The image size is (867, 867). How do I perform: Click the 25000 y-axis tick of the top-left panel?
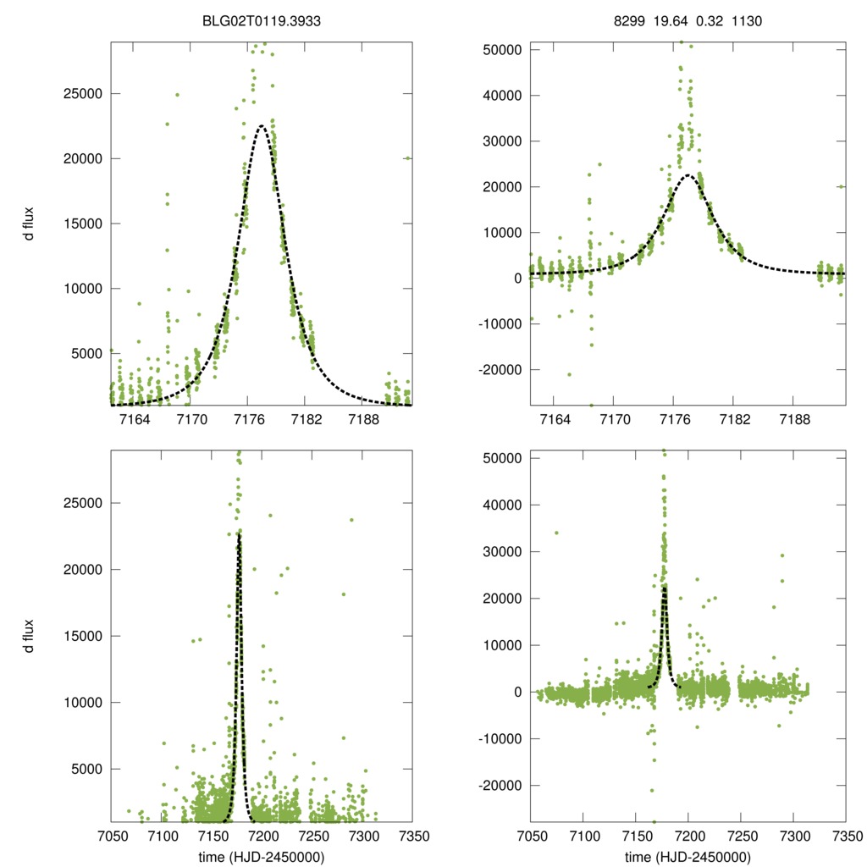pos(83,93)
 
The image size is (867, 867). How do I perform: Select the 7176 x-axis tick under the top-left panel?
pos(247,420)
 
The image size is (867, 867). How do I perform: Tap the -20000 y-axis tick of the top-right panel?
pos(499,370)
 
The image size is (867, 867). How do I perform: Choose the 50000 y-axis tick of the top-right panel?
pos(501,49)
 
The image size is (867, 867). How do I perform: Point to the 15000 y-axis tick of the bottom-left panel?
pos(83,636)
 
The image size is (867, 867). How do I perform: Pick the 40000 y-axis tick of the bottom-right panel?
pos(501,505)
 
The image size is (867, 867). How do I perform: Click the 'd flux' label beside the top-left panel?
pos(30,223)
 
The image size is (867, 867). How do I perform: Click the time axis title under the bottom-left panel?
pos(262,856)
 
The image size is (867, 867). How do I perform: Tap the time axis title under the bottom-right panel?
pos(688,856)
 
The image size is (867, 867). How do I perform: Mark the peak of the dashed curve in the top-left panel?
pos(262,126)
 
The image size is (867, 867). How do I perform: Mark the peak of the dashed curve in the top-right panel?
pos(688,175)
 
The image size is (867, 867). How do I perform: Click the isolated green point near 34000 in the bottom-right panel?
pos(556,533)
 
